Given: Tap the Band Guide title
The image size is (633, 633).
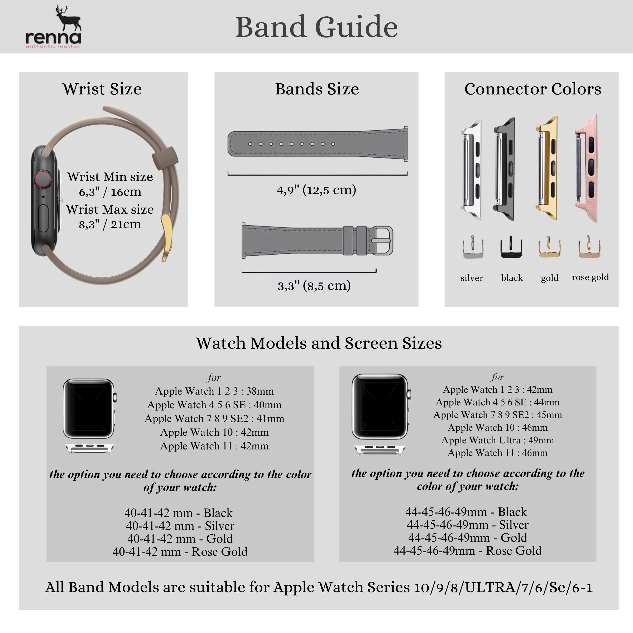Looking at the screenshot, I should (x=316, y=27).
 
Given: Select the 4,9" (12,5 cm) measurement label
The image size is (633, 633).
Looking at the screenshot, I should (x=316, y=190).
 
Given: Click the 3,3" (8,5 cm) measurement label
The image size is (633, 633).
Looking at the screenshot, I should (x=314, y=285).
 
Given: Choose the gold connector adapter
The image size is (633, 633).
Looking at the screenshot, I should (x=547, y=169).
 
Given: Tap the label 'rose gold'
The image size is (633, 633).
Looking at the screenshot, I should (x=590, y=277).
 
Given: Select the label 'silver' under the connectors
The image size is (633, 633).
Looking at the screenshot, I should (x=472, y=278).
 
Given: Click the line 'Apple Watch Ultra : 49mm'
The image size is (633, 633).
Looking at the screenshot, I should (x=497, y=440).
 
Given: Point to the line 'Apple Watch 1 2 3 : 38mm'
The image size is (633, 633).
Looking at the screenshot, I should (x=214, y=391).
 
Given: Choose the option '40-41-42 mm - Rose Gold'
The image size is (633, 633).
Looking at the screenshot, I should (x=180, y=552).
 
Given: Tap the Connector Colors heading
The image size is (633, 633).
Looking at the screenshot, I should (x=533, y=89).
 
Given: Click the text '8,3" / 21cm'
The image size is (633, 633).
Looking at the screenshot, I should (x=110, y=224).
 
